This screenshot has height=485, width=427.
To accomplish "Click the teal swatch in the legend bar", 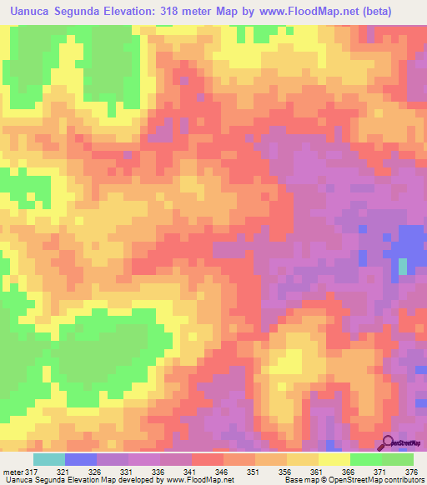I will tap(48, 459).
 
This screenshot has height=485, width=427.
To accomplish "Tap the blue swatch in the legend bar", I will tap(80, 459).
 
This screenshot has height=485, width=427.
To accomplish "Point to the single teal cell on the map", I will tap(403, 266).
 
